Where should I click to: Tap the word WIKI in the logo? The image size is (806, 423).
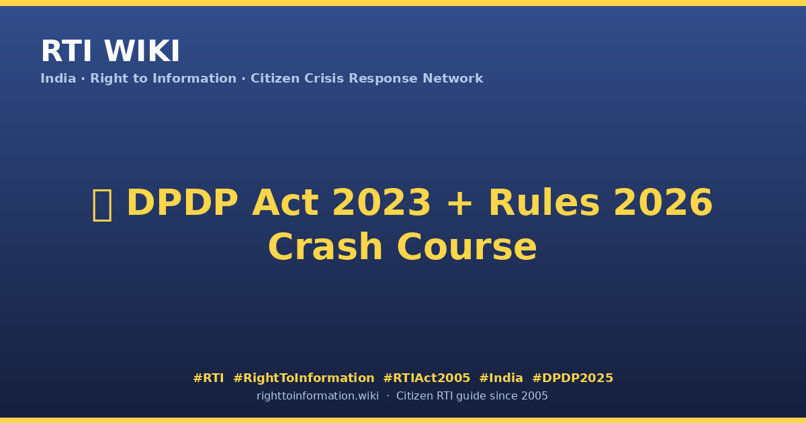(x=142, y=51)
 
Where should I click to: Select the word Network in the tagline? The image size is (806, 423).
(x=453, y=79)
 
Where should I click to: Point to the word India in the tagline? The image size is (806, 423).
(x=58, y=79)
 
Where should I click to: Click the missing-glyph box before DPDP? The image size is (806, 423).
(x=103, y=205)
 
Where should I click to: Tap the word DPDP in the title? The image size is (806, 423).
(x=183, y=203)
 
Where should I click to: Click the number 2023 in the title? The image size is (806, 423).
(x=381, y=203)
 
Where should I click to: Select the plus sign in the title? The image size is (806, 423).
(x=459, y=204)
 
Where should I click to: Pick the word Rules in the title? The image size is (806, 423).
(x=543, y=203)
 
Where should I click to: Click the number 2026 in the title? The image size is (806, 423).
(x=663, y=203)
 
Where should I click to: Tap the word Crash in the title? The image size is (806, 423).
(x=325, y=247)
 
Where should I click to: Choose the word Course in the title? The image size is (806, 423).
(x=467, y=247)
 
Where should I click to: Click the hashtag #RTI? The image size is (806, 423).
(x=208, y=378)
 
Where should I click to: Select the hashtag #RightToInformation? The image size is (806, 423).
(x=304, y=378)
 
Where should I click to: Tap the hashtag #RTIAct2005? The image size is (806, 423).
(x=427, y=378)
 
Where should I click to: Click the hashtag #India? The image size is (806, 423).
(x=501, y=378)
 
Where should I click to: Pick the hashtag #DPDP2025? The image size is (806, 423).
(x=572, y=378)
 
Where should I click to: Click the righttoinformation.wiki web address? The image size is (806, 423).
(x=318, y=396)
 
